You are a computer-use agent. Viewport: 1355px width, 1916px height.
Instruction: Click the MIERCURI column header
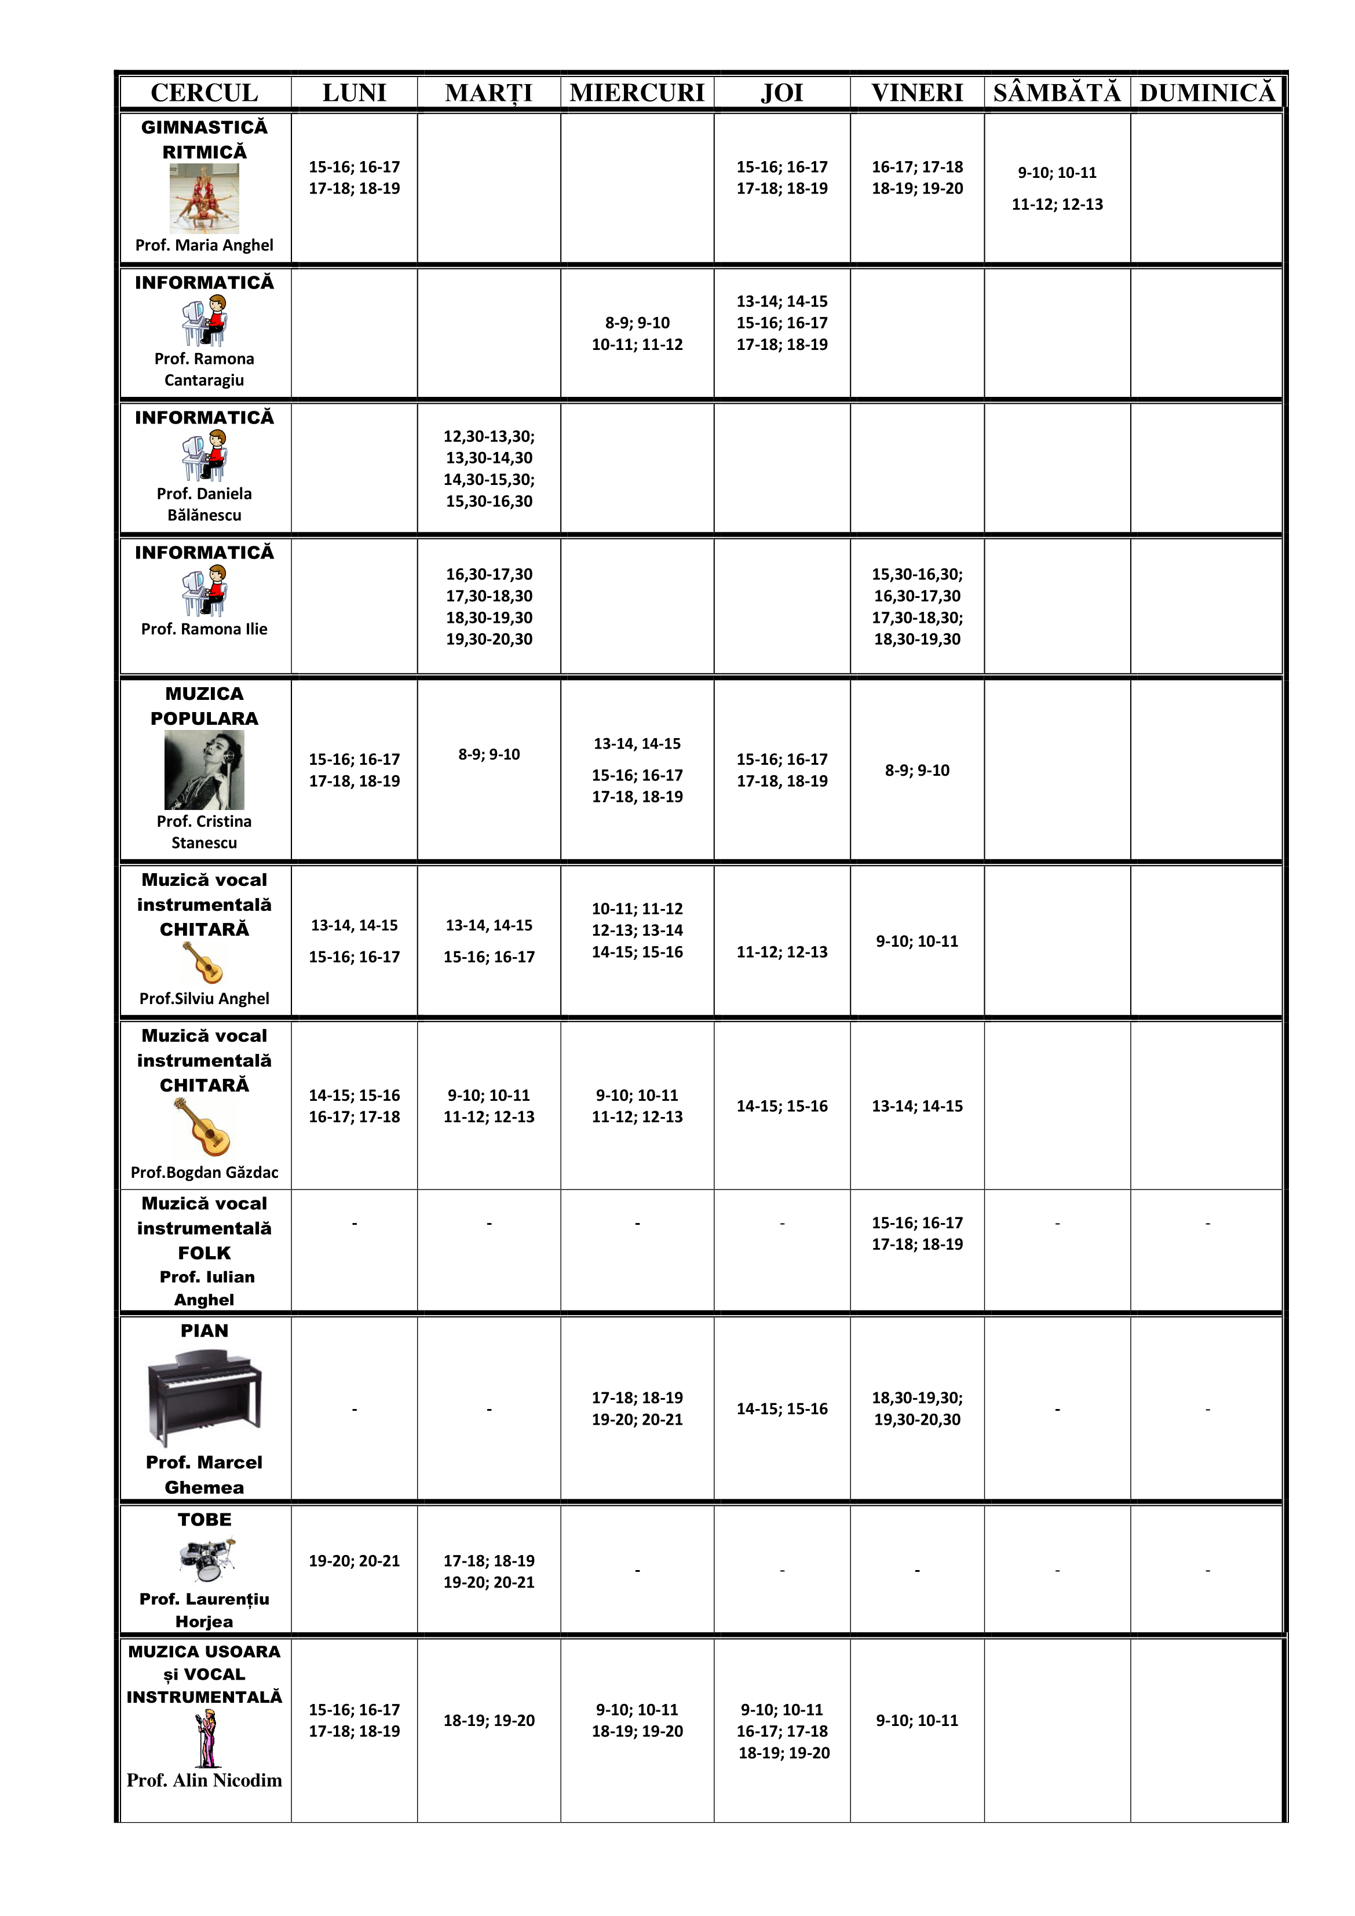(x=637, y=93)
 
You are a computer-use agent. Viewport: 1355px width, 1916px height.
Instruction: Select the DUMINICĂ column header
(x=1207, y=93)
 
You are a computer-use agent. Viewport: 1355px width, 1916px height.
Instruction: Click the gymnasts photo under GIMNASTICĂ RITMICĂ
(x=204, y=199)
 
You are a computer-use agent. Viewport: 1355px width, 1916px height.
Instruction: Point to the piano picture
(x=204, y=1399)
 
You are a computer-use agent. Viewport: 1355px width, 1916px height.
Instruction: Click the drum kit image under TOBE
(x=206, y=1559)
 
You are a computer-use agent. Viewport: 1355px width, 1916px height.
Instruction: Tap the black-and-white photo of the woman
(x=204, y=769)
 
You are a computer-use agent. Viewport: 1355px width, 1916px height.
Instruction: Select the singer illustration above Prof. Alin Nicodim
(x=206, y=1738)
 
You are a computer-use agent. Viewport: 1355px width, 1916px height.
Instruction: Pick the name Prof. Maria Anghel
(x=204, y=245)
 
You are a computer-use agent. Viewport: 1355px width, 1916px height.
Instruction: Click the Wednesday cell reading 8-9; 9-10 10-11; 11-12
(x=637, y=334)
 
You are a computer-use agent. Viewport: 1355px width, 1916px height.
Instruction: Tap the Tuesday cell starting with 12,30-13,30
(x=489, y=468)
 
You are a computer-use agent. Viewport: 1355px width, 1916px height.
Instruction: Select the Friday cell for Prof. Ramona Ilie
(x=917, y=607)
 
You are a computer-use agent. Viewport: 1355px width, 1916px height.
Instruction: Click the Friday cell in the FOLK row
(x=917, y=1233)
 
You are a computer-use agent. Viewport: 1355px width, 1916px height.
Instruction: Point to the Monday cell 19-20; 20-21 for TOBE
(x=355, y=1560)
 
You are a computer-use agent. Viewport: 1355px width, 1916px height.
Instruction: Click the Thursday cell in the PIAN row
(x=782, y=1408)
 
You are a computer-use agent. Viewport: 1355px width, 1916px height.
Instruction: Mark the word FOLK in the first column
(x=204, y=1253)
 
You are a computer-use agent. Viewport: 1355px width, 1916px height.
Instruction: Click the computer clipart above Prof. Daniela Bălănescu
(x=204, y=455)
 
